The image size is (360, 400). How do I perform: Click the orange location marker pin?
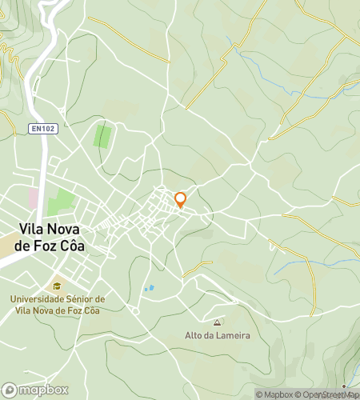[x=180, y=199]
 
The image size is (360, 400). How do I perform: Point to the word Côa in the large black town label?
[x=68, y=246]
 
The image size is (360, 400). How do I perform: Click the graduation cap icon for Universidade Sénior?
[x=57, y=286]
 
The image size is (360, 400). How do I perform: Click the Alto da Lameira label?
[x=218, y=335]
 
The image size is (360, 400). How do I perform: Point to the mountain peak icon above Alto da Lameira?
[x=217, y=322]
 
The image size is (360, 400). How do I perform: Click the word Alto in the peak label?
[x=194, y=335]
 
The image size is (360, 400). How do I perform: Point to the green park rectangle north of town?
[x=102, y=136]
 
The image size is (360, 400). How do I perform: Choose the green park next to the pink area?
[x=61, y=202]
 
